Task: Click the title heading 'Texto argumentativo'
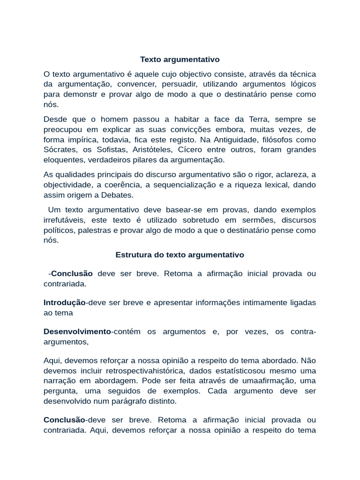pos(180,60)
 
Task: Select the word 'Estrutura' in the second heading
pos(132,255)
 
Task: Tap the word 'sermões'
pos(261,220)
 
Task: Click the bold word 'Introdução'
pos(65,303)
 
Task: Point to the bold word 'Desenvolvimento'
pos(77,332)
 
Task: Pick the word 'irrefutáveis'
pos(64,220)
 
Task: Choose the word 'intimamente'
pos(264,303)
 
